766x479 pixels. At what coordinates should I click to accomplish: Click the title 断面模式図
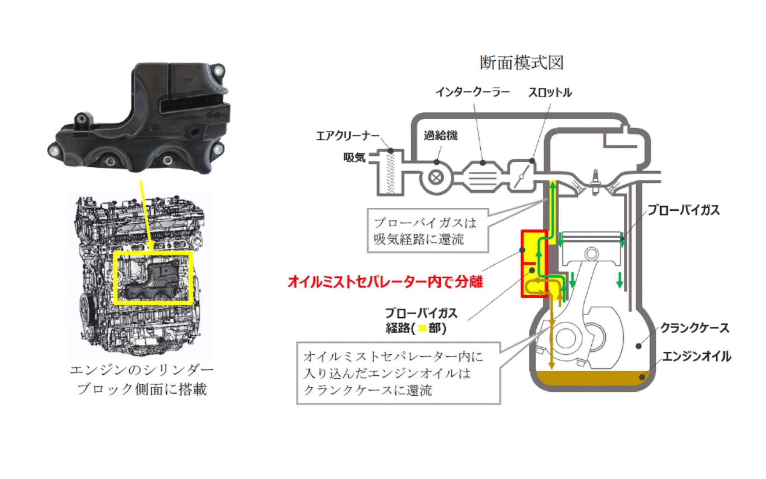[521, 63]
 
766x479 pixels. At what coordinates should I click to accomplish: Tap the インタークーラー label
[472, 92]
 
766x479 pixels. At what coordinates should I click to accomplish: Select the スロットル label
[550, 93]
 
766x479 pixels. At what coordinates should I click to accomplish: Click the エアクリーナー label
[347, 136]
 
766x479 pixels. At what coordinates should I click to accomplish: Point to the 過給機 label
[440, 135]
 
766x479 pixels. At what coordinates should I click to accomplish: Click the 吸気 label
[354, 158]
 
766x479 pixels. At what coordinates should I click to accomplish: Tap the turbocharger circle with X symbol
[436, 178]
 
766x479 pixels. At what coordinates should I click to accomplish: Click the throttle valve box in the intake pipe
[521, 176]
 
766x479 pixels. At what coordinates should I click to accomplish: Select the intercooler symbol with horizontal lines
[482, 177]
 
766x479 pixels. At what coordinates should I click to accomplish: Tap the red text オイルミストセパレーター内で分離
[385, 281]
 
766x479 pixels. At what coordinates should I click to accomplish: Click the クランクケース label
[695, 328]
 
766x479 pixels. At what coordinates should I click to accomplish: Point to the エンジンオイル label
[697, 356]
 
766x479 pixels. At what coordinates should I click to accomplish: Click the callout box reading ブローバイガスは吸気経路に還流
[427, 231]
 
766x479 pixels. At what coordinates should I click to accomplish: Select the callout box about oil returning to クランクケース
[398, 373]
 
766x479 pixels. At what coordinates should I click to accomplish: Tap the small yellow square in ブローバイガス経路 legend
[422, 329]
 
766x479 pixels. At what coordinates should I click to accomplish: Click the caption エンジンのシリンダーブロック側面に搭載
[142, 380]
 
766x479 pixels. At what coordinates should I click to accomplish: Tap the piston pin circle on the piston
[591, 253]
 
